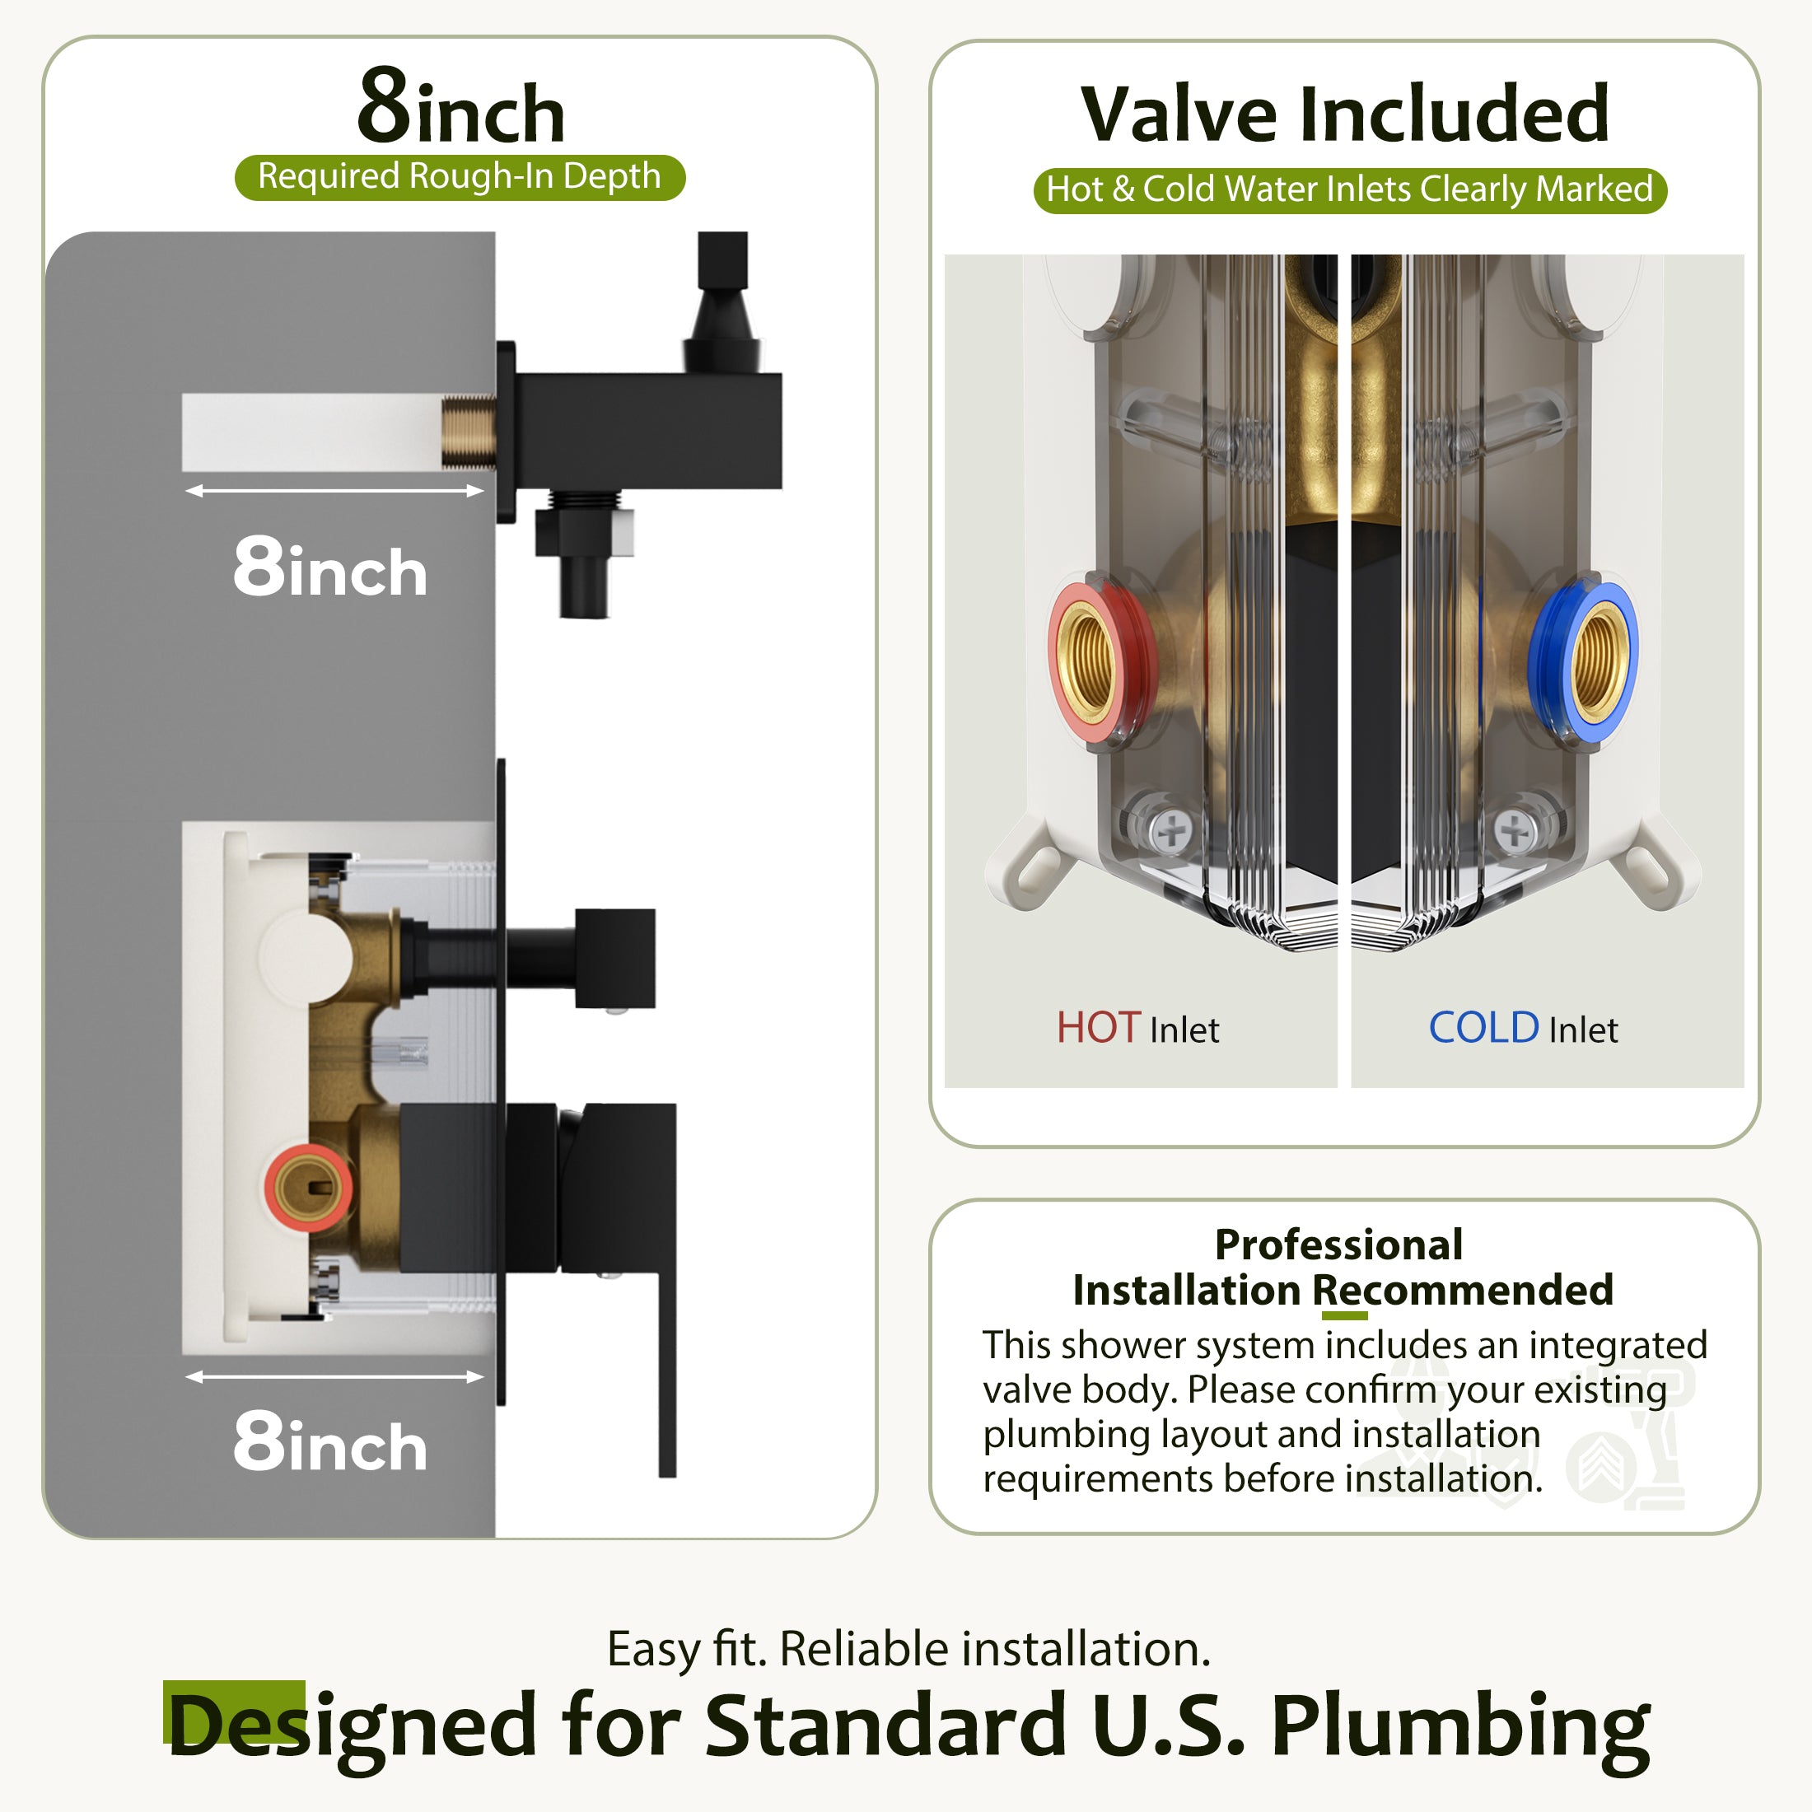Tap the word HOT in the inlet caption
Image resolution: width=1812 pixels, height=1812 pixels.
coord(1098,1028)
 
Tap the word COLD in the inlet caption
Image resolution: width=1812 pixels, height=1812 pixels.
coord(1483,1028)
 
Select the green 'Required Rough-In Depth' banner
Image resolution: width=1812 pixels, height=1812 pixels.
coord(460,177)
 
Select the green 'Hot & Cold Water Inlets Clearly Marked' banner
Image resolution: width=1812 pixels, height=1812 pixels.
coord(1350,190)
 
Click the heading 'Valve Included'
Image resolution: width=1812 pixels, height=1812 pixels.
coord(1345,114)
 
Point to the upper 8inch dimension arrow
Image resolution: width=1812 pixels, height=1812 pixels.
coord(335,491)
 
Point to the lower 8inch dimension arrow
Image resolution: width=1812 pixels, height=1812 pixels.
coord(335,1377)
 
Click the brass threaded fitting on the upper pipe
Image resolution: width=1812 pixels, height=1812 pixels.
coord(469,432)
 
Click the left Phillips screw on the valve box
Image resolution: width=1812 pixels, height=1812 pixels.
coord(1171,830)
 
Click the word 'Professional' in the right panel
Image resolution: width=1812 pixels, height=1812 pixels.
coord(1338,1245)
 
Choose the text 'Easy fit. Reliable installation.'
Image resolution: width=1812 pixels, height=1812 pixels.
coord(908,1649)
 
